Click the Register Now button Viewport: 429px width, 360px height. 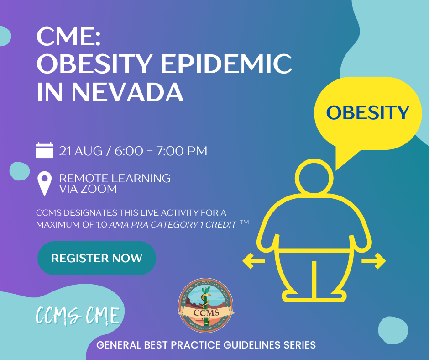pyautogui.click(x=97, y=258)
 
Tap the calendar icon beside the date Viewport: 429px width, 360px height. pyautogui.click(x=45, y=150)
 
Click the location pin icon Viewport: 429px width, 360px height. pyautogui.click(x=44, y=184)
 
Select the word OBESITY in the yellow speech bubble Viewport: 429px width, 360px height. pyautogui.click(x=368, y=112)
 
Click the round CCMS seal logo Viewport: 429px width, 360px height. pyautogui.click(x=206, y=306)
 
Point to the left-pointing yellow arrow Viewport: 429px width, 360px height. pyautogui.click(x=254, y=261)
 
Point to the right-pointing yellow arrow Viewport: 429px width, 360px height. pyautogui.click(x=374, y=261)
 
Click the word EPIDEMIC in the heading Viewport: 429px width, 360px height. pyautogui.click(x=226, y=64)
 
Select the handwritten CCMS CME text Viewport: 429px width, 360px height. pyautogui.click(x=78, y=315)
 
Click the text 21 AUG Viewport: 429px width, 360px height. pyautogui.click(x=81, y=151)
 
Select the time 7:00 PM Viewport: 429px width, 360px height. pyautogui.click(x=182, y=151)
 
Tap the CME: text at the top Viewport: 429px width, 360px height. pyautogui.click(x=68, y=37)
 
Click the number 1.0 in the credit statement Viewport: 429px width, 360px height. pyautogui.click(x=101, y=225)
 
